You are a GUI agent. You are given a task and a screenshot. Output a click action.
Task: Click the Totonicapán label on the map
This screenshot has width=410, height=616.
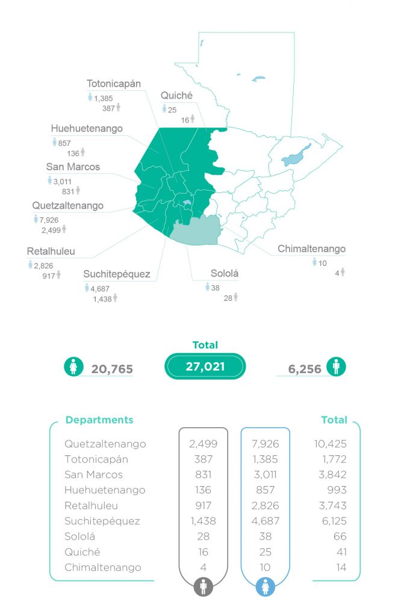tap(114, 84)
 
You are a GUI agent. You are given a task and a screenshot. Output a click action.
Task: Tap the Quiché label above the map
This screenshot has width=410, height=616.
tap(176, 95)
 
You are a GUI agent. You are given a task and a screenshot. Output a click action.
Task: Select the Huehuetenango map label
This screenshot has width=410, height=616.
tap(87, 128)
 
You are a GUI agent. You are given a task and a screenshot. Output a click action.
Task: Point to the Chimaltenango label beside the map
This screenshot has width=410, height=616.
tap(311, 248)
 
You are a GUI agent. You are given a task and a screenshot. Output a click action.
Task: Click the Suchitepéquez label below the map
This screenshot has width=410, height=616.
tap(117, 274)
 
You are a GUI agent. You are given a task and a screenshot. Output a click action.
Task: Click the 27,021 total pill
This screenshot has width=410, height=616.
tap(205, 366)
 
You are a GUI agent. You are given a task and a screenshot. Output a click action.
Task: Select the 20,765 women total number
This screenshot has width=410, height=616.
tap(112, 369)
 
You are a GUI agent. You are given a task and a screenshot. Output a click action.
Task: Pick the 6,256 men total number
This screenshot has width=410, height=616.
tap(305, 369)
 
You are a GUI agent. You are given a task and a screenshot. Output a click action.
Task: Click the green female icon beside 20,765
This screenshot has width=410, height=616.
tap(73, 366)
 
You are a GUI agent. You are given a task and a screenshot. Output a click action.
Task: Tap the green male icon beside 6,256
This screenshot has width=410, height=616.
tap(336, 366)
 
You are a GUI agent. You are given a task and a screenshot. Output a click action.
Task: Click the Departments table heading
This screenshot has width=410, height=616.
tap(99, 420)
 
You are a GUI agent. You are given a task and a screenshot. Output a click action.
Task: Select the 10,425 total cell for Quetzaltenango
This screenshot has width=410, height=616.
tap(329, 444)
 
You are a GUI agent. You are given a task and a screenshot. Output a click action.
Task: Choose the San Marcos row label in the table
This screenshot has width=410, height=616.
tap(93, 475)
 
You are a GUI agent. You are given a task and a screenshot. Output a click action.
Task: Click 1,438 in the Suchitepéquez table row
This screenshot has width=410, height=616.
tap(203, 521)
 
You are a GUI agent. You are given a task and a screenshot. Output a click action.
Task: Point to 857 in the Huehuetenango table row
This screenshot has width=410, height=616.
tap(265, 490)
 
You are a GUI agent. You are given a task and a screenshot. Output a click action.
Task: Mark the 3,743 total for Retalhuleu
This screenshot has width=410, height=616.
tap(329, 506)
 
